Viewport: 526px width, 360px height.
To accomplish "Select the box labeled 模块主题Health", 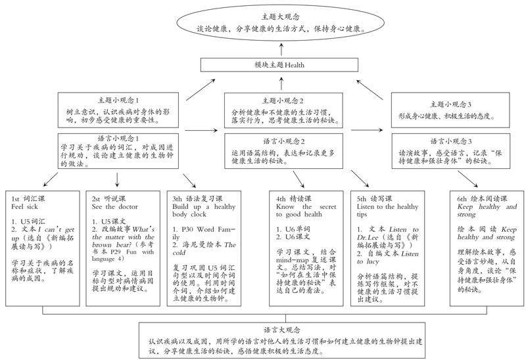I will (280, 66).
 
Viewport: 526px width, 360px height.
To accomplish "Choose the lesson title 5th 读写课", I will (375, 197).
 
